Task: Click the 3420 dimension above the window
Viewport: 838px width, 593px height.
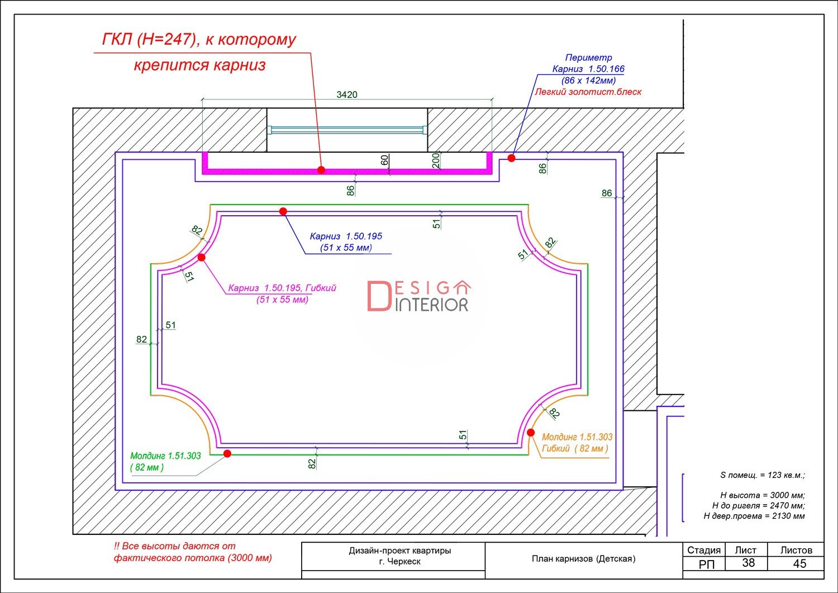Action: pyautogui.click(x=347, y=94)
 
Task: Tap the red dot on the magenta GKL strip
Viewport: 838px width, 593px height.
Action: pyautogui.click(x=321, y=170)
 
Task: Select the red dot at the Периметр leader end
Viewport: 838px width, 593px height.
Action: pyautogui.click(x=511, y=158)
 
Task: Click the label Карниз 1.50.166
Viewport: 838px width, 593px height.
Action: pyautogui.click(x=588, y=69)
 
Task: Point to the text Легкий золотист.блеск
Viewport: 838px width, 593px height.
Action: pyautogui.click(x=588, y=92)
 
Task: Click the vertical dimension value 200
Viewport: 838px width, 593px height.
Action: pyautogui.click(x=435, y=160)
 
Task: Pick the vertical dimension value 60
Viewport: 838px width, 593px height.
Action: pyautogui.click(x=384, y=160)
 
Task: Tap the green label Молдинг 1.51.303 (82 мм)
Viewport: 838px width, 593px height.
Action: pyautogui.click(x=165, y=461)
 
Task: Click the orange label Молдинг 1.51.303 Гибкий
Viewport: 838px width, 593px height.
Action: pyautogui.click(x=577, y=443)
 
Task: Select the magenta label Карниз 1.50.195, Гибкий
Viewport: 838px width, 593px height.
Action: pyautogui.click(x=282, y=293)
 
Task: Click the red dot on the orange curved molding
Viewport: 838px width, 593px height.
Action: pyautogui.click(x=531, y=433)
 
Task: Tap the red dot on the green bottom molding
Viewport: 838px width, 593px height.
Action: pyautogui.click(x=227, y=454)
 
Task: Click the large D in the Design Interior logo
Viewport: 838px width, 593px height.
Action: pyautogui.click(x=379, y=296)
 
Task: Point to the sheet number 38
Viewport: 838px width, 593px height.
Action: pyautogui.click(x=748, y=563)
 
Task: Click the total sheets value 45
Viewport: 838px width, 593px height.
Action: pyautogui.click(x=799, y=563)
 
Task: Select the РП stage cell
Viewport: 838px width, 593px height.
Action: pyautogui.click(x=706, y=564)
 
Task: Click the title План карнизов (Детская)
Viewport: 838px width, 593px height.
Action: pyautogui.click(x=584, y=559)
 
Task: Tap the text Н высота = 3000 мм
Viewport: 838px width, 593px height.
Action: pyautogui.click(x=763, y=495)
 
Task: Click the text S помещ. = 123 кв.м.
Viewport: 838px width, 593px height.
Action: pyautogui.click(x=763, y=475)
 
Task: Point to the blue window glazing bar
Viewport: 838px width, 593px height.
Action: pyautogui.click(x=347, y=130)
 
